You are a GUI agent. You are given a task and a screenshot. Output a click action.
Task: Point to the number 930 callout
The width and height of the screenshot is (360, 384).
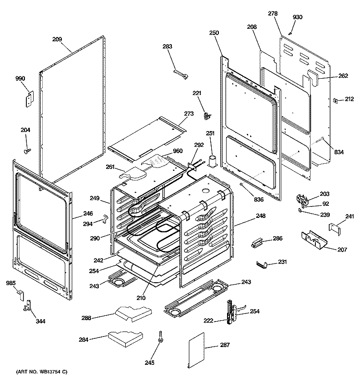[298, 17]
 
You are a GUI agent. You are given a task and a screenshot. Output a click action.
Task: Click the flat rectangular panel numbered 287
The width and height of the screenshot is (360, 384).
[198, 354]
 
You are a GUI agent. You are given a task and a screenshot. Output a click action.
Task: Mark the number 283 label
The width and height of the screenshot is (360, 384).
[167, 47]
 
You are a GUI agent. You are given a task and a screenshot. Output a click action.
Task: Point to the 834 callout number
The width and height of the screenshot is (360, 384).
[339, 152]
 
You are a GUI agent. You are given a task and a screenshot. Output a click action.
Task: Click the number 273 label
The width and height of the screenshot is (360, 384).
[189, 114]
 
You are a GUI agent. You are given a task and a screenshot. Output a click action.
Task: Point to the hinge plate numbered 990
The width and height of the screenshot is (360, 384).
[29, 99]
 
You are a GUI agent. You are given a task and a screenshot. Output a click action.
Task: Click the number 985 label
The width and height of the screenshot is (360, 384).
[11, 283]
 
